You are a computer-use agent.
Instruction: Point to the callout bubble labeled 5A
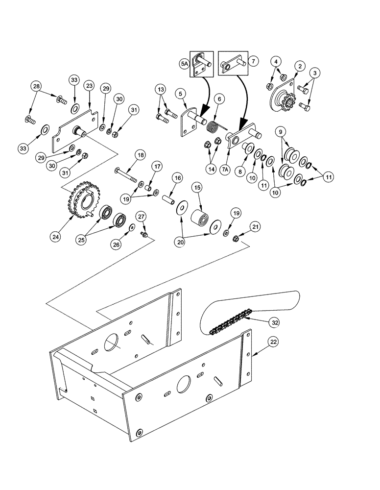[184, 63]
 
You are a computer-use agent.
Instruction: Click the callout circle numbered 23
[89, 85]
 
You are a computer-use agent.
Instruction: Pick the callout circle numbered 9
[281, 132]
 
